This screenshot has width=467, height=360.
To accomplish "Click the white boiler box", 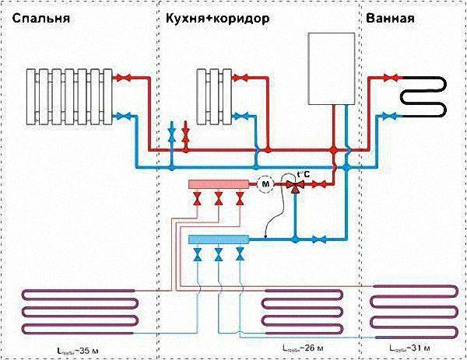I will (x=332, y=68).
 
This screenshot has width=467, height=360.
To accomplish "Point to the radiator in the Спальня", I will (x=68, y=96).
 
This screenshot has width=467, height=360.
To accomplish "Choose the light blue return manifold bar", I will (x=217, y=239).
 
